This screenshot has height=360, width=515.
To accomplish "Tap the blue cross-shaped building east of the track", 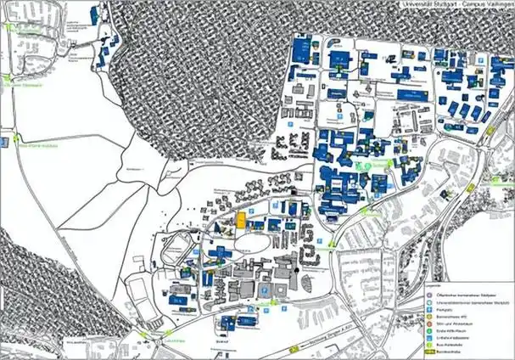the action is pos(219,252).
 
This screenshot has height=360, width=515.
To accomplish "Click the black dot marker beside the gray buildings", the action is pos(295,270).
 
